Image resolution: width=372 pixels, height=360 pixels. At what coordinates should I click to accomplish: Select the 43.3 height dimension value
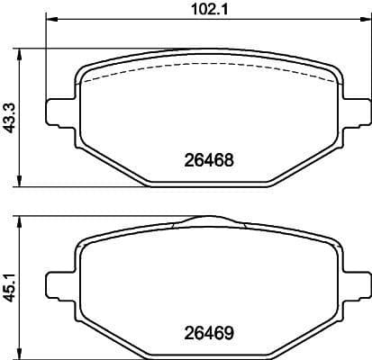(11, 117)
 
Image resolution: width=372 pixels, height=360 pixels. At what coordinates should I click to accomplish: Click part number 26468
(209, 162)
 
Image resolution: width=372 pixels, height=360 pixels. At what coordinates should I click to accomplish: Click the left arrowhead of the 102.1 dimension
(51, 20)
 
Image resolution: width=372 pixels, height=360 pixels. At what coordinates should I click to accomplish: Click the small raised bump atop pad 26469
(206, 220)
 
